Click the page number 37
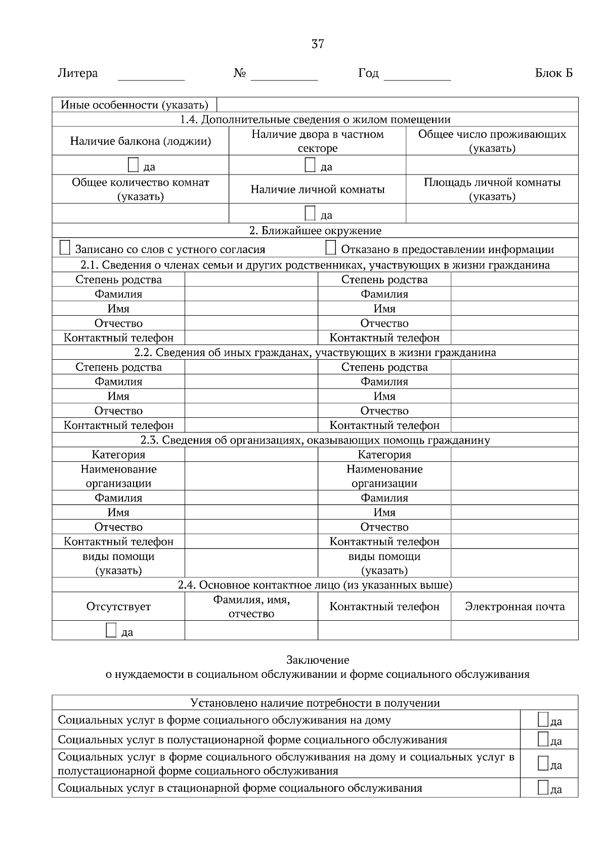click(317, 44)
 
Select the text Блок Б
click(553, 73)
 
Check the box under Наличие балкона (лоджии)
click(133, 165)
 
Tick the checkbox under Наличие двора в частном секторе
click(310, 165)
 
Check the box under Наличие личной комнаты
click(310, 213)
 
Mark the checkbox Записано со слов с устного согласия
click(65, 248)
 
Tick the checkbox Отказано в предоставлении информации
click(330, 248)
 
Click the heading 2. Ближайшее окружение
click(315, 231)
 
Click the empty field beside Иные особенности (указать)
click(397, 105)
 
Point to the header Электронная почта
click(514, 607)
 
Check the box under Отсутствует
click(111, 630)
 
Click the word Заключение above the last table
click(317, 660)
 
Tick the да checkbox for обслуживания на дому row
click(543, 720)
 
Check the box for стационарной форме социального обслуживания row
click(543, 787)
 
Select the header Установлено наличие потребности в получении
click(315, 703)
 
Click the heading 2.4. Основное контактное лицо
click(315, 585)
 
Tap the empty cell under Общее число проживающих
click(492, 165)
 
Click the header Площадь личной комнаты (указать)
click(492, 189)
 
